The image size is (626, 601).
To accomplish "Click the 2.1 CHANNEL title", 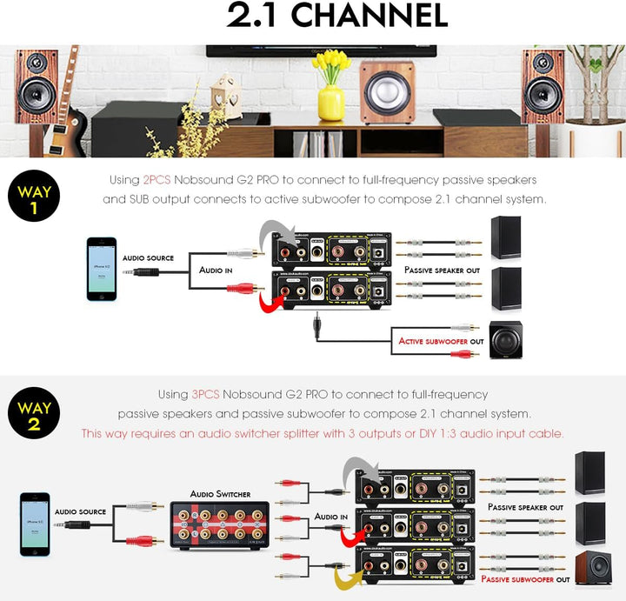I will [336, 16].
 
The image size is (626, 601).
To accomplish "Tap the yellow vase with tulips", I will [330, 91].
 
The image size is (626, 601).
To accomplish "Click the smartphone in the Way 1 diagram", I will [101, 269].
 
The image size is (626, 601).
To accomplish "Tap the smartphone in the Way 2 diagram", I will [35, 524].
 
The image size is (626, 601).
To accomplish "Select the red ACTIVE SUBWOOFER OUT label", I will [441, 342].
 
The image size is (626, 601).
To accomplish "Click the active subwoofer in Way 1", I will [506, 340].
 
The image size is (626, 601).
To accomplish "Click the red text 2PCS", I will [157, 180].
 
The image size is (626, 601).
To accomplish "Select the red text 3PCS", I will [206, 394].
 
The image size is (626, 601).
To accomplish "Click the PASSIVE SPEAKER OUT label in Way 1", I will [442, 270].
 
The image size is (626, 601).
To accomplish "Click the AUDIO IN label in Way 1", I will [216, 270].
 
